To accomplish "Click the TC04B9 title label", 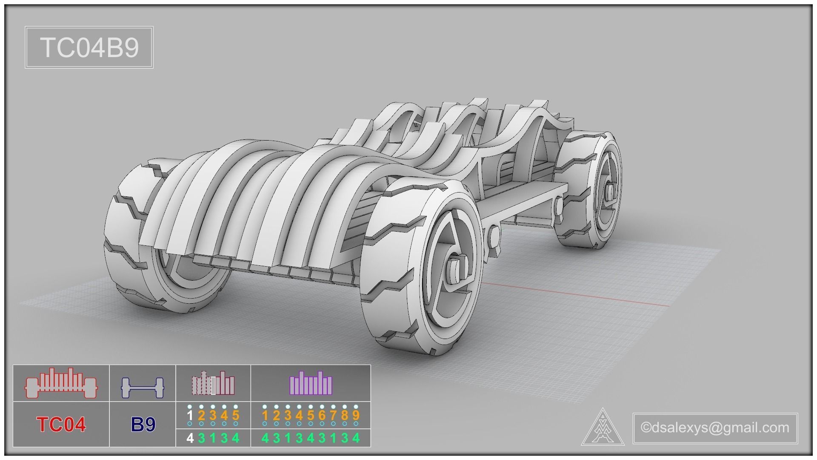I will click(89, 47).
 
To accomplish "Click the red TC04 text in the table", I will click(61, 424).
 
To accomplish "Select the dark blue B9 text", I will click(143, 424).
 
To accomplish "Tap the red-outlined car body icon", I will click(61, 383).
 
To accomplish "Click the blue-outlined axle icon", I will click(143, 387).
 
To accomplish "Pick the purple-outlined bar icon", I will click(311, 383).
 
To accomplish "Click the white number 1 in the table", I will click(190, 415).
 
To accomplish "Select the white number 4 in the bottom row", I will click(190, 438).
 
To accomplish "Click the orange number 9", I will click(356, 415).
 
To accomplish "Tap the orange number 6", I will click(322, 415).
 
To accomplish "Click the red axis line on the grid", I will click(574, 294).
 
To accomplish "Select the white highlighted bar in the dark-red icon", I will click(214, 385).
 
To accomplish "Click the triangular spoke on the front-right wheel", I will click(447, 239).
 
